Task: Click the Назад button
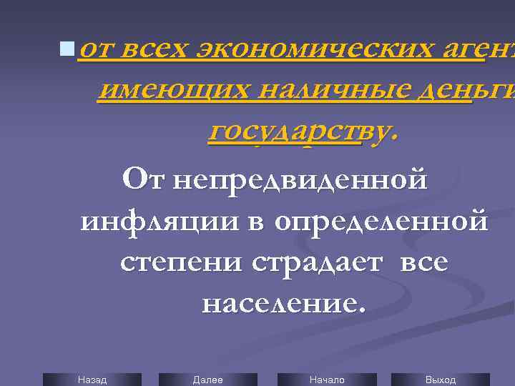[x=92, y=380]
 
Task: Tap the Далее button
[x=207, y=380]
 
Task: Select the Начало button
[x=327, y=380]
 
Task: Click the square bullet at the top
[x=67, y=49]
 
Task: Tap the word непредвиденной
[x=300, y=179]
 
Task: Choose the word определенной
[x=380, y=221]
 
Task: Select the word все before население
[x=424, y=262]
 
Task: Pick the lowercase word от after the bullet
[x=98, y=49]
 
